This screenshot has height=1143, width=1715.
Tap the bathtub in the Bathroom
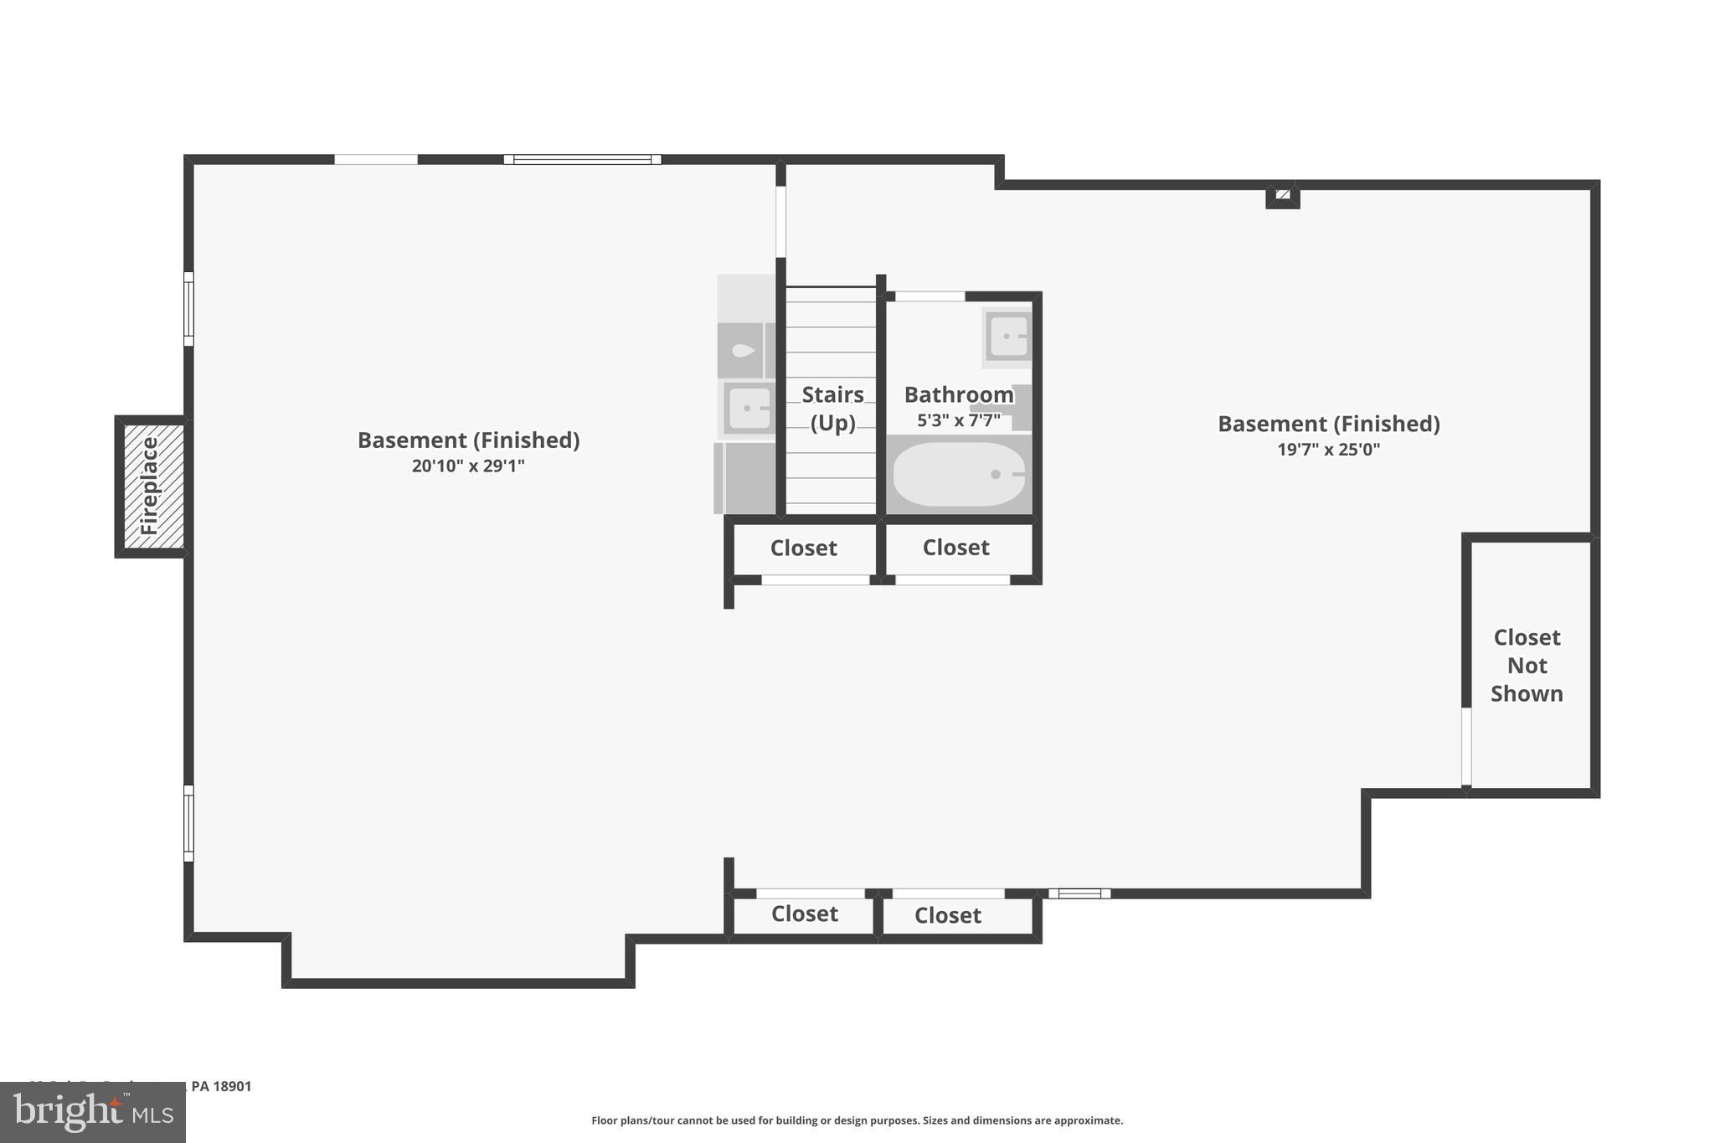(959, 474)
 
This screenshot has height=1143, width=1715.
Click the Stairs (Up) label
(832, 408)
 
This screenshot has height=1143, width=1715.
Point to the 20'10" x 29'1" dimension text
(468, 466)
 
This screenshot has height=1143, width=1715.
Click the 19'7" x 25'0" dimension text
(1328, 449)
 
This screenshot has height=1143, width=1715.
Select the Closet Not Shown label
(1527, 665)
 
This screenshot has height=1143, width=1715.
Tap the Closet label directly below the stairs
(803, 548)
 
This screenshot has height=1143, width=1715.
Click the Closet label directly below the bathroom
(955, 548)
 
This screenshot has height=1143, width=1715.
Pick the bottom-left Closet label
(804, 914)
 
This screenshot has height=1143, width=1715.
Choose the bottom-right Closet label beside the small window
(947, 915)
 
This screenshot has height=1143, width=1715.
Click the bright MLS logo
(92, 1112)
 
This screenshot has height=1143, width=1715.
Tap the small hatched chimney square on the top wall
(1282, 196)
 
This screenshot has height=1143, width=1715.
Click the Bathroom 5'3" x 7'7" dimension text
(959, 420)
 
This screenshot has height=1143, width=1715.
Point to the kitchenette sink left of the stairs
(748, 409)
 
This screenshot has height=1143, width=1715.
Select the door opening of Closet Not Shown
(1466, 746)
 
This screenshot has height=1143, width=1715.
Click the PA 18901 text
(221, 1086)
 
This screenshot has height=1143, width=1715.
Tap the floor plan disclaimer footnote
(857, 1120)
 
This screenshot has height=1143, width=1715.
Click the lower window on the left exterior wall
(188, 823)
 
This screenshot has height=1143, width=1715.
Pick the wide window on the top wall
(582, 159)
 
